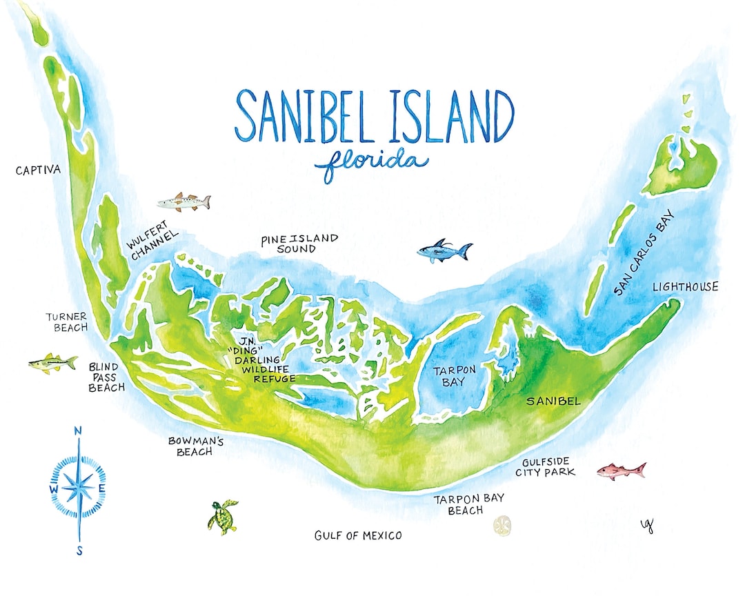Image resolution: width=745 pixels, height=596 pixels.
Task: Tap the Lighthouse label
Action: pyautogui.click(x=685, y=287)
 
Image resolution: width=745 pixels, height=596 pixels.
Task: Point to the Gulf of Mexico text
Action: pyautogui.click(x=357, y=535)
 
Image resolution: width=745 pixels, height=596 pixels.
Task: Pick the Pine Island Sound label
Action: pyautogui.click(x=299, y=243)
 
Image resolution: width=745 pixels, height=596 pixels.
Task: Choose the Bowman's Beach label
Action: pyautogui.click(x=190, y=446)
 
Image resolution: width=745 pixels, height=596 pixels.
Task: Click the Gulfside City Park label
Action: pyautogui.click(x=545, y=467)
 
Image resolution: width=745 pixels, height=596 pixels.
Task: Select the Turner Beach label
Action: pyautogui.click(x=66, y=321)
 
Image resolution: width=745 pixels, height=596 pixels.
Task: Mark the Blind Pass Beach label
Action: pyautogui.click(x=106, y=377)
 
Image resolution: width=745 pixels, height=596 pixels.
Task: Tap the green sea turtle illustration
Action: pyautogui.click(x=222, y=516)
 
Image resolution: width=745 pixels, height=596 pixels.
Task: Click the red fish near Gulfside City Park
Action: pyautogui.click(x=621, y=470)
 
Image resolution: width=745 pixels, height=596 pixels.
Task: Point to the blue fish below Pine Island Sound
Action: pyautogui.click(x=444, y=251)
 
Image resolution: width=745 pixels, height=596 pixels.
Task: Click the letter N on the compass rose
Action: pyautogui.click(x=77, y=432)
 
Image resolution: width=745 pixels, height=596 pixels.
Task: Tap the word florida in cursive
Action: pyautogui.click(x=370, y=163)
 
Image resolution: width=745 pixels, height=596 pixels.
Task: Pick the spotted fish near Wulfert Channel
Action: pyautogui.click(x=183, y=202)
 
